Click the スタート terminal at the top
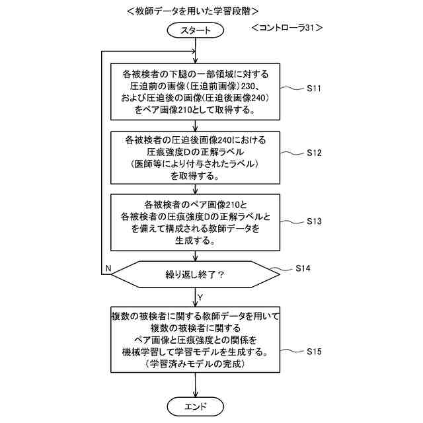(196, 30)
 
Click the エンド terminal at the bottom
(196, 405)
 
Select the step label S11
(315, 87)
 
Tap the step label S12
(315, 152)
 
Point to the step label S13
(315, 221)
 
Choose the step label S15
(315, 352)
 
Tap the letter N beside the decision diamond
(108, 268)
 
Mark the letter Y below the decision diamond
(200, 296)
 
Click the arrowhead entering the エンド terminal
(196, 393)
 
